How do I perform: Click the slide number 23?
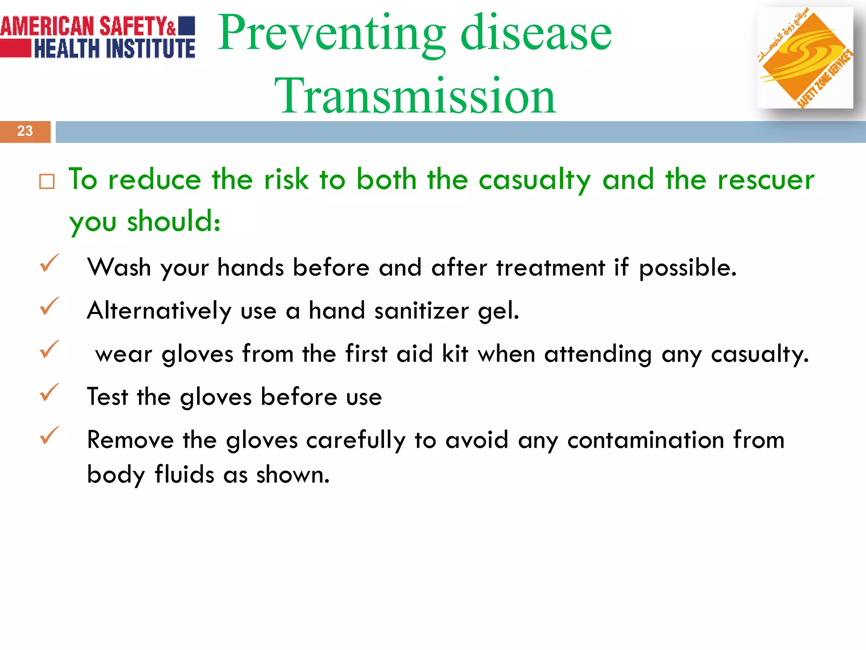pyautogui.click(x=25, y=131)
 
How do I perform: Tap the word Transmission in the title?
pyautogui.click(x=415, y=96)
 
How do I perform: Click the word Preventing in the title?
pyautogui.click(x=332, y=33)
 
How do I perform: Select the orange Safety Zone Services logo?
pyautogui.click(x=805, y=58)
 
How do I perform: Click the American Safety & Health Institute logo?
pyautogui.click(x=98, y=37)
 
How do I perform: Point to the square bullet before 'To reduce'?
pyautogui.click(x=47, y=182)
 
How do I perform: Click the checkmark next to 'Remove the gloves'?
pyautogui.click(x=49, y=435)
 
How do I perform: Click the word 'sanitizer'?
pyautogui.click(x=421, y=311)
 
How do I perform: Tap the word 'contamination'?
pyautogui.click(x=646, y=440)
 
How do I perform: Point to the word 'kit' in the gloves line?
pyautogui.click(x=455, y=354)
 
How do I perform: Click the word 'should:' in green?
pyautogui.click(x=174, y=221)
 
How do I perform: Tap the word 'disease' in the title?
pyautogui.click(x=536, y=33)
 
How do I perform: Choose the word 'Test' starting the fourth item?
pyautogui.click(x=107, y=397)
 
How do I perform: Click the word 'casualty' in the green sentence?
pyautogui.click(x=534, y=180)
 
